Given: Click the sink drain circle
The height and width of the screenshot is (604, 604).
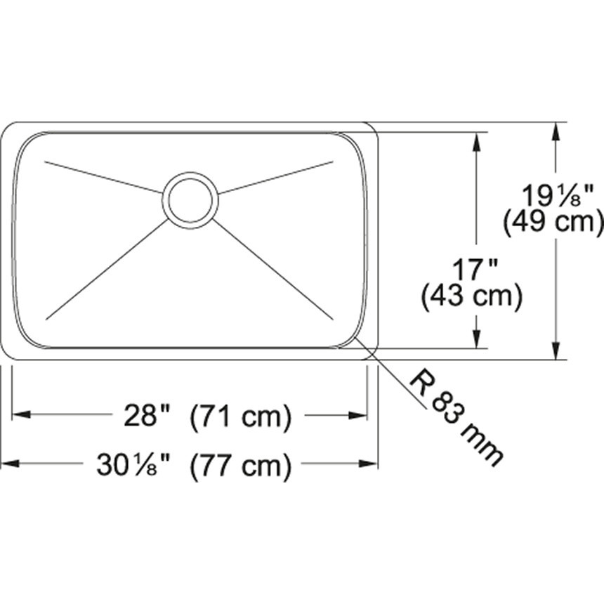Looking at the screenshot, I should (190, 200).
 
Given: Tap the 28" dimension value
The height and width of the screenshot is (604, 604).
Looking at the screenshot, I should (148, 416).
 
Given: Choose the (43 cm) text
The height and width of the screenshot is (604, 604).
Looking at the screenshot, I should (471, 298).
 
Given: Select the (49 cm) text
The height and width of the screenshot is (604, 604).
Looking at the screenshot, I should (554, 222).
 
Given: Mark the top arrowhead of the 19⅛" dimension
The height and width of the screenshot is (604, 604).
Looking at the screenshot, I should (557, 131).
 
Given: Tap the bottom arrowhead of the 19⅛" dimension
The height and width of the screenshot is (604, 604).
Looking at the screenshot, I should (557, 351).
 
